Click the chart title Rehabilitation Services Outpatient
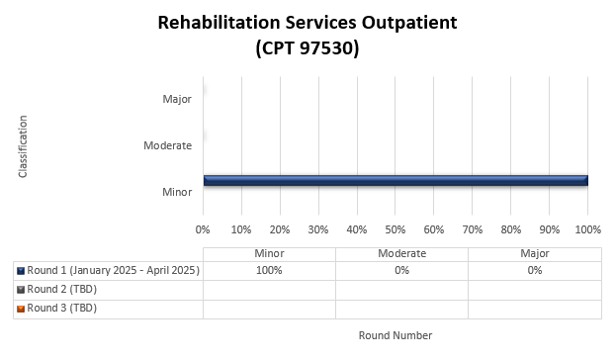click(x=307, y=23)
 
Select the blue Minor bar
click(x=396, y=180)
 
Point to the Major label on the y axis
click(x=177, y=99)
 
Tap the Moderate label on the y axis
click(x=167, y=145)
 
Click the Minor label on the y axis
click(x=177, y=191)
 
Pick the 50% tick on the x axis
click(x=396, y=229)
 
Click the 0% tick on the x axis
click(x=204, y=229)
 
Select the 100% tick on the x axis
click(x=588, y=229)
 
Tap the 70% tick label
click(x=473, y=229)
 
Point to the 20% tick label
click(x=281, y=229)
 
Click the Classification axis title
click(x=22, y=146)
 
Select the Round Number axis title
click(x=395, y=335)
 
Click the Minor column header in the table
click(x=269, y=253)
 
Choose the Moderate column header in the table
click(x=401, y=253)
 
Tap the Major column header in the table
click(x=534, y=253)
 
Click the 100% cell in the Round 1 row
click(x=269, y=270)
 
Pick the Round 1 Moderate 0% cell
click(x=401, y=270)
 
